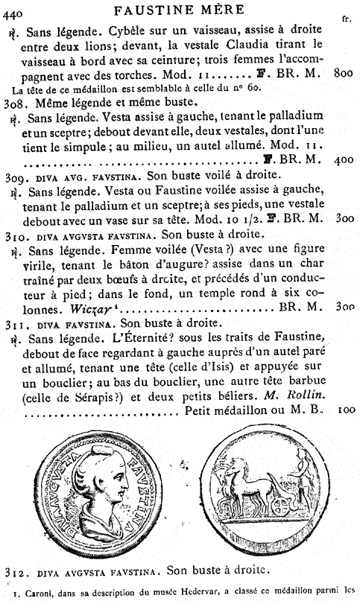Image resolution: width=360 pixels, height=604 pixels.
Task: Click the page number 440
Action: pos(14,10)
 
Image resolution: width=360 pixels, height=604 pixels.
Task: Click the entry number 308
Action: pos(16,102)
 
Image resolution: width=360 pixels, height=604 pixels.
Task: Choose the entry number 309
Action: pos(16,176)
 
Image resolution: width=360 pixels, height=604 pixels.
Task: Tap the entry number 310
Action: pos(16,235)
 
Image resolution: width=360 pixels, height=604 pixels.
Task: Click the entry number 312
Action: pos(16,570)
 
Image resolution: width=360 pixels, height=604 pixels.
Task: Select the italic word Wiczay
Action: pos(92,308)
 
